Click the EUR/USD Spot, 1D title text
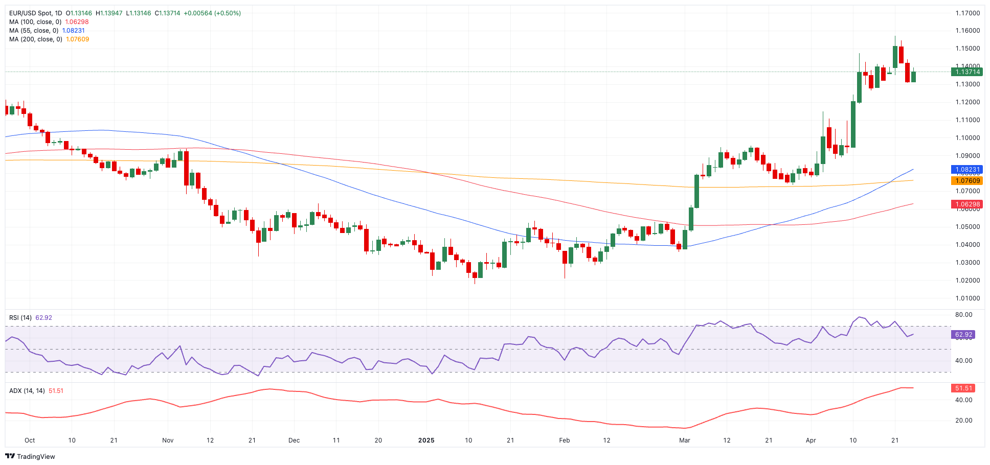tap(36, 13)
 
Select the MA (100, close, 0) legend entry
tap(35, 22)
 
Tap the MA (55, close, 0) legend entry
tap(34, 31)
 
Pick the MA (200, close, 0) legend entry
tap(36, 39)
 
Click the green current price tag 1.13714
tap(965, 72)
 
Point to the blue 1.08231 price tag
tap(965, 170)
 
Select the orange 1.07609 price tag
tap(965, 181)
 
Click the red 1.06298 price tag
tap(965, 204)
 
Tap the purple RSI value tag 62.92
tap(963, 335)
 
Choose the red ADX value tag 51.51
tap(963, 388)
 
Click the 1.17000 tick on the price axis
tap(967, 13)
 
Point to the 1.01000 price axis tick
tap(967, 298)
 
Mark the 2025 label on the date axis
tap(426, 440)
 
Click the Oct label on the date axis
tap(30, 440)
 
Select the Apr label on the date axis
tap(811, 440)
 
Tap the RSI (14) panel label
tap(20, 318)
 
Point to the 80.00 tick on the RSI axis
tap(963, 315)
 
